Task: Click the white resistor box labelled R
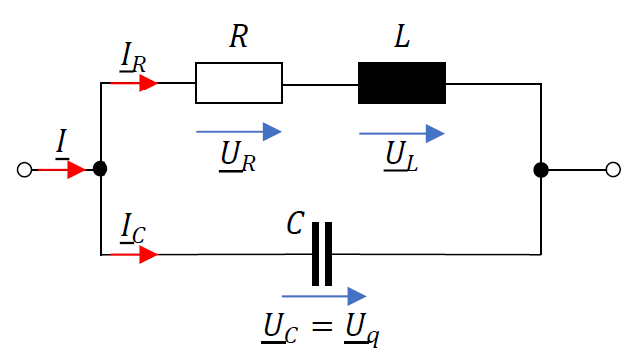239,84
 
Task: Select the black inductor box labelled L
401,84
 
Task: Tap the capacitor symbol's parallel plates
321,255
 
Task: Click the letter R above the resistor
238,38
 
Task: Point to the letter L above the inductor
402,38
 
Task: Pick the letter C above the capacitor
294,224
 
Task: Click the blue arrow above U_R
239,131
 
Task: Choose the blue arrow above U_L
401,132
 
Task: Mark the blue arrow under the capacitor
323,296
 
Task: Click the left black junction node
100,170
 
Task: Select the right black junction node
541,170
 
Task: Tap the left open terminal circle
25,170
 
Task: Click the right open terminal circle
613,170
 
